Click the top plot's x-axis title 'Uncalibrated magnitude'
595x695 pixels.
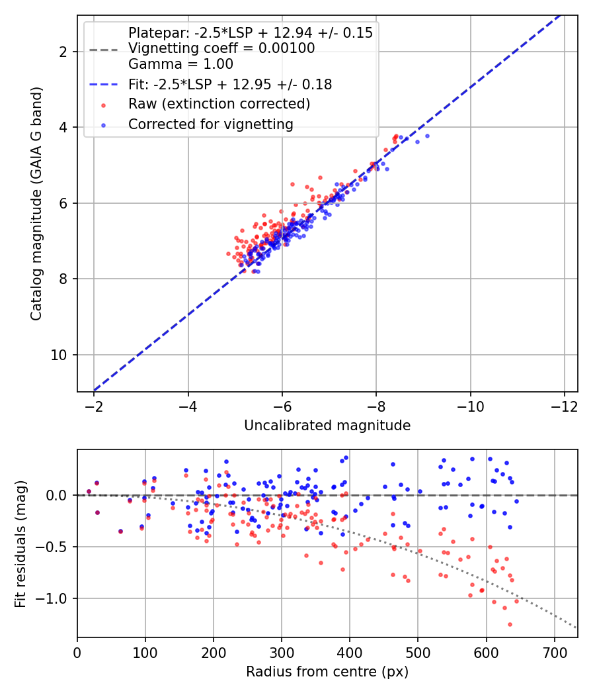point(327,426)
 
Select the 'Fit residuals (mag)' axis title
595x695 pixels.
point(21,544)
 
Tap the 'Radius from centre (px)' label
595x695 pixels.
point(327,672)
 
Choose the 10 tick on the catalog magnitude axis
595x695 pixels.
point(62,355)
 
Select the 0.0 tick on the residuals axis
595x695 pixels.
point(58,495)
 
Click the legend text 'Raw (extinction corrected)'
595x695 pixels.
point(219,104)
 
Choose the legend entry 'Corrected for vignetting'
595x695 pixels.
point(210,124)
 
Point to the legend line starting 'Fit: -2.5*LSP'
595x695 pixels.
point(230,85)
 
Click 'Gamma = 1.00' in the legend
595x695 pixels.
point(180,64)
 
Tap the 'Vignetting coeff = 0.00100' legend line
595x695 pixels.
point(221,48)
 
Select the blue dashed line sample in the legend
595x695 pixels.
point(104,85)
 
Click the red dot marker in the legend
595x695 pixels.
point(104,104)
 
